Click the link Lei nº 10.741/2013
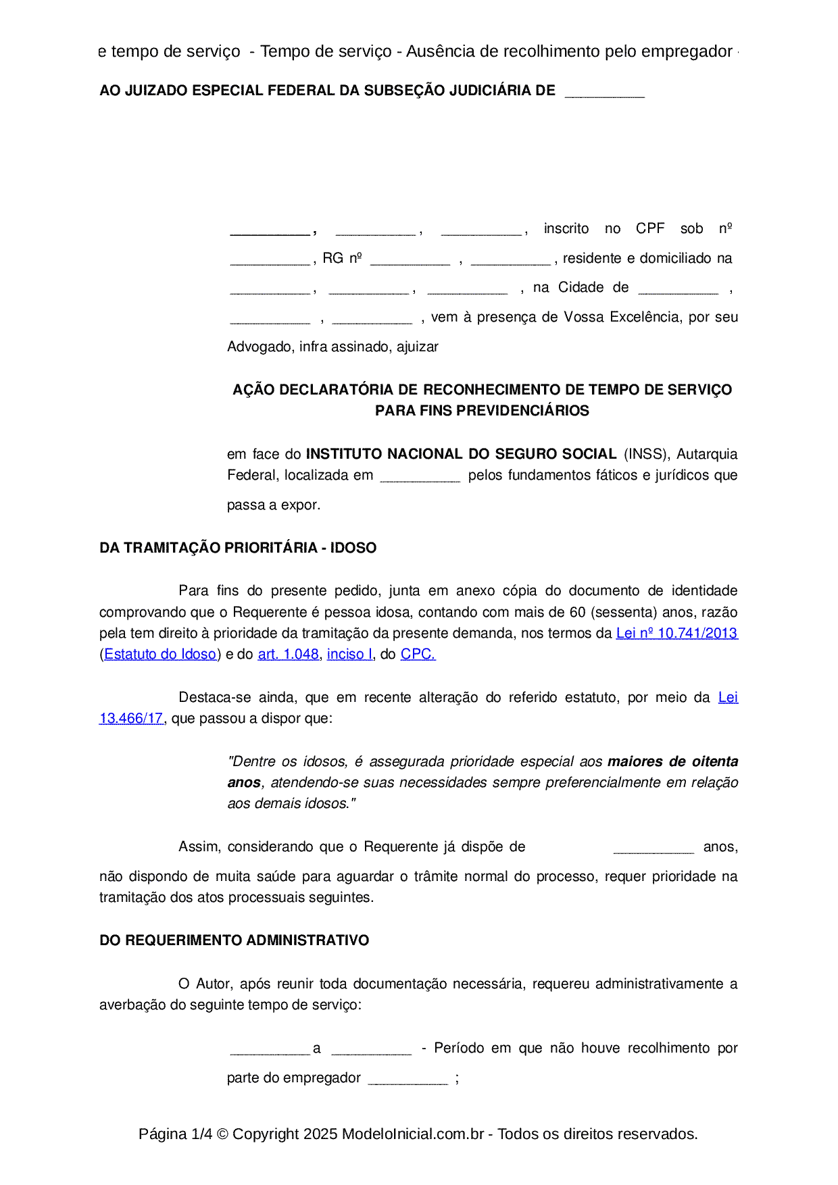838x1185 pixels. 676,634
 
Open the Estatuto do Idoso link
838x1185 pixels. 160,655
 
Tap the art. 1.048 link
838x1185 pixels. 288,655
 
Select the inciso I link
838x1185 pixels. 349,655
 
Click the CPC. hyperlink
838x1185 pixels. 418,655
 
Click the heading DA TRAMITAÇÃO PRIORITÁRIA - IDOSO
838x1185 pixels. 238,548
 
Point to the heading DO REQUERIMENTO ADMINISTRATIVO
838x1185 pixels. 234,940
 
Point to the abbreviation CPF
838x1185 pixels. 650,228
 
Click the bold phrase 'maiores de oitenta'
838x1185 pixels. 672,761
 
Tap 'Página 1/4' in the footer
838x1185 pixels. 175,1134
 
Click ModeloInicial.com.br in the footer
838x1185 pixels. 412,1134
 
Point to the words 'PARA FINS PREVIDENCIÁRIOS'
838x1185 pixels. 482,411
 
